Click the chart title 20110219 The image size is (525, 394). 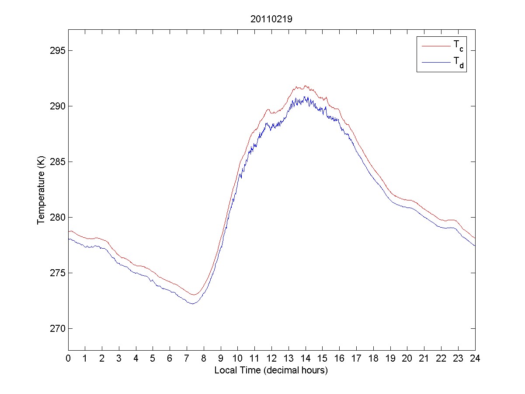click(271, 19)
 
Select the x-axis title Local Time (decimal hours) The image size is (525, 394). click(271, 370)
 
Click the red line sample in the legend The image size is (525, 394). click(435, 46)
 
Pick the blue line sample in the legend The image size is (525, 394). click(435, 63)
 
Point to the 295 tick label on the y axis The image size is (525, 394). click(57, 50)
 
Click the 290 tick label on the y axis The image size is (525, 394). click(57, 106)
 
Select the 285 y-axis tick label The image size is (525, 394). click(57, 162)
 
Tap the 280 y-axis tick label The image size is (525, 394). click(57, 217)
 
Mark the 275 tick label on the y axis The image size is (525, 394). click(57, 273)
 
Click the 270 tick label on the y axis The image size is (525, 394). click(57, 328)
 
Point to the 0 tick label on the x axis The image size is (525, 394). click(68, 358)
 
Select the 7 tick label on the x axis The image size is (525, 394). click(187, 358)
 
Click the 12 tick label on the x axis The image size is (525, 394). click(271, 358)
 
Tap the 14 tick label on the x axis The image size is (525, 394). click(306, 358)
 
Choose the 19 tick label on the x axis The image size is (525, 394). click(390, 358)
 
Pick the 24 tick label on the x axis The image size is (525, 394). click(475, 358)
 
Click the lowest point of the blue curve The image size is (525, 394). click(192, 303)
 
